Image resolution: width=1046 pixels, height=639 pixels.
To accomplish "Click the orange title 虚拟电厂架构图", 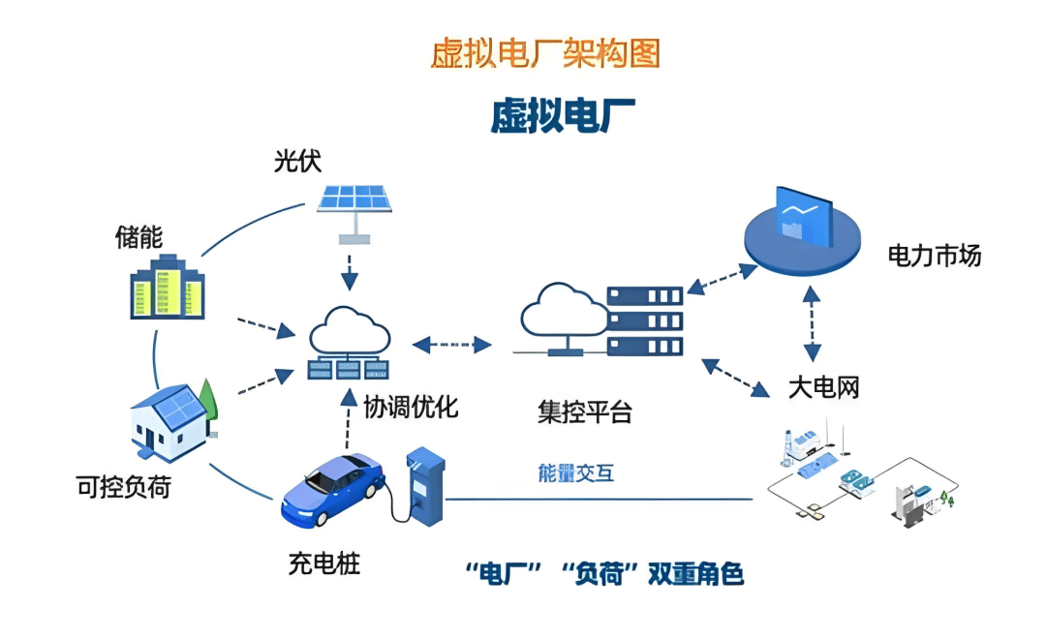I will point(544,53).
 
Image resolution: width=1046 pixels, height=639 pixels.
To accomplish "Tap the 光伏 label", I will point(297,162).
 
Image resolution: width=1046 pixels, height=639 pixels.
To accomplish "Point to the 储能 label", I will point(138,237).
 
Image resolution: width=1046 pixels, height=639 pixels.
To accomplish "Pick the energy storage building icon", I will point(168,288).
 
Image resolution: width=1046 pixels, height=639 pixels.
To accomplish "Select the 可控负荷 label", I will point(123,487).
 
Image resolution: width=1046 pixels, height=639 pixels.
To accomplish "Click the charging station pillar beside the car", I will point(423,484).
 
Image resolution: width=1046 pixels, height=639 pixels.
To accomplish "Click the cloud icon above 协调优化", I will point(350,332).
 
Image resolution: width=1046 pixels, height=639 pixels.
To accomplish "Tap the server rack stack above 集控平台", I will point(644,320).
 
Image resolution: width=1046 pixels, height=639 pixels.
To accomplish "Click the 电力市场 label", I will point(935,256).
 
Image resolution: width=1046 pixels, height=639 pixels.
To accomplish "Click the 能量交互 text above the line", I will point(575,473).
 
